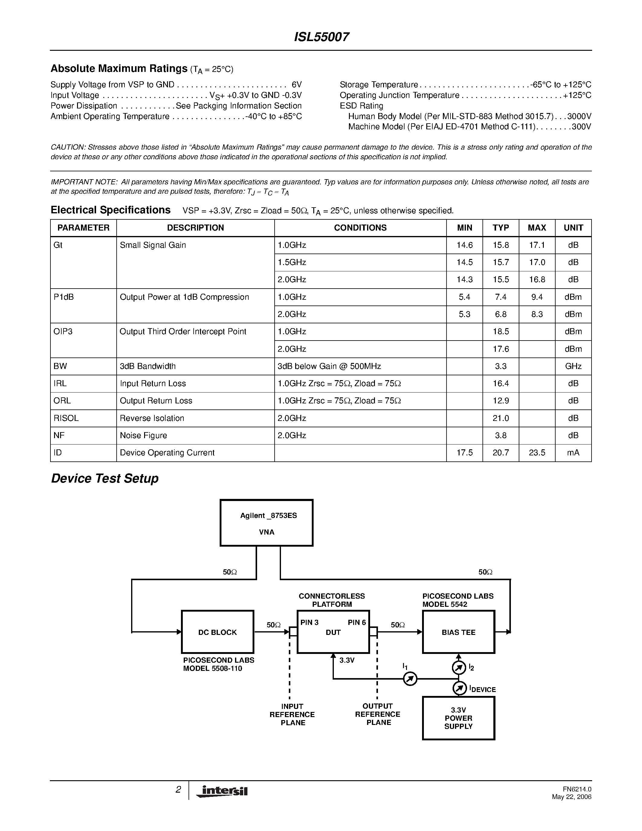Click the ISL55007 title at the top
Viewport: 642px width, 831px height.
pyautogui.click(x=321, y=37)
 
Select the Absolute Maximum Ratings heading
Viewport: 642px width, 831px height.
pyautogui.click(x=119, y=69)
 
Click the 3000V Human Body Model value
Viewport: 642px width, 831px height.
pyautogui.click(x=579, y=116)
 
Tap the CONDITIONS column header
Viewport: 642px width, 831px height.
pyautogui.click(x=360, y=228)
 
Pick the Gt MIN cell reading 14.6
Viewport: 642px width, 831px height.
pyautogui.click(x=464, y=245)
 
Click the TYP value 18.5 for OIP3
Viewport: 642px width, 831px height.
pyautogui.click(x=501, y=331)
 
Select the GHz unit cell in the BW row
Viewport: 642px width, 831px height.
pyautogui.click(x=573, y=366)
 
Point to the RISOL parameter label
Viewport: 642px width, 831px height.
pyautogui.click(x=66, y=418)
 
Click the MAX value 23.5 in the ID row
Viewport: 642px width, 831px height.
pyautogui.click(x=537, y=453)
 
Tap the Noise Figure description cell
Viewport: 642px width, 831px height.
pyautogui.click(x=144, y=435)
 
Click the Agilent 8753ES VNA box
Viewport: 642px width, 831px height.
pyautogui.click(x=266, y=523)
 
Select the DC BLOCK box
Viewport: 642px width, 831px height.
pyautogui.click(x=218, y=632)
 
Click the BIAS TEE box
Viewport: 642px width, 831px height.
pyautogui.click(x=458, y=632)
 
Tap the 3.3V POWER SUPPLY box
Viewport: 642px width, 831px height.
pyautogui.click(x=458, y=718)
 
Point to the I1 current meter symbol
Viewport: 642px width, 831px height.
pyautogui.click(x=410, y=679)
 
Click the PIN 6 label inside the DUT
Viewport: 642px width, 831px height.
pyautogui.click(x=357, y=622)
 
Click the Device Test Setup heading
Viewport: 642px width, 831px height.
pyautogui.click(x=105, y=478)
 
